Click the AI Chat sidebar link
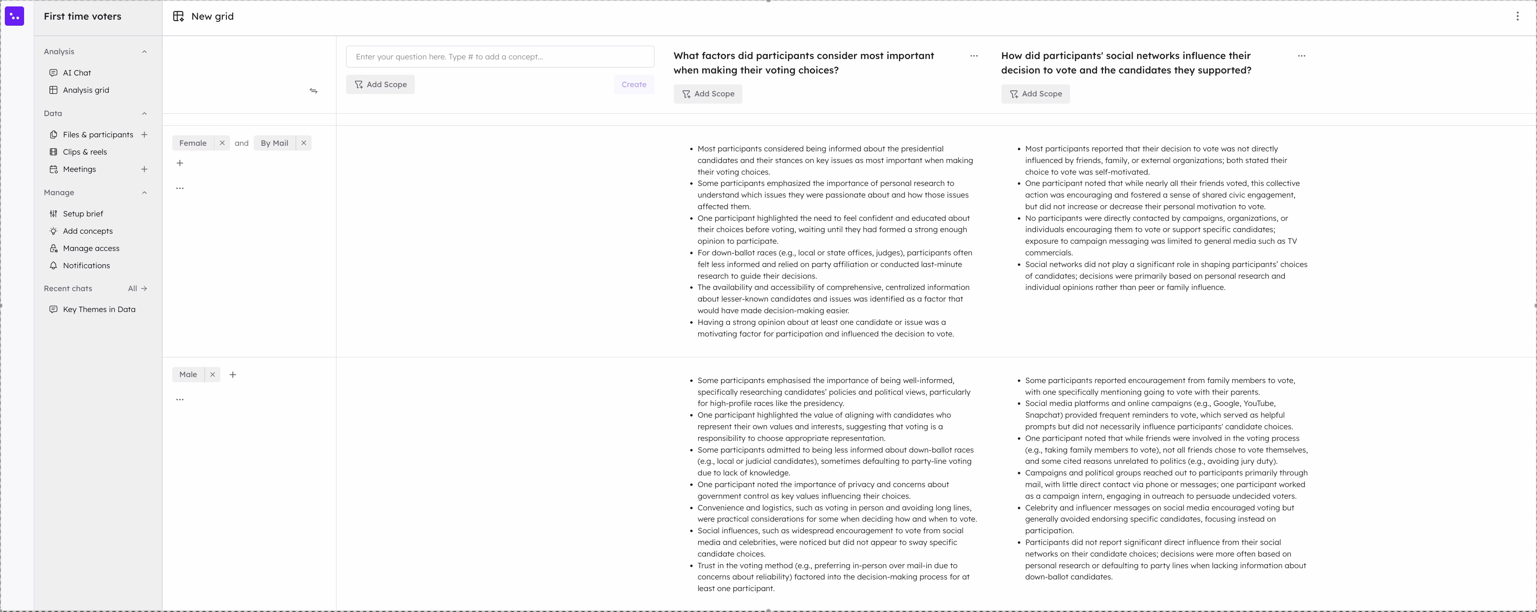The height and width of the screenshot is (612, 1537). point(77,73)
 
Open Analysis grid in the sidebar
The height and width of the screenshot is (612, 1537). point(86,90)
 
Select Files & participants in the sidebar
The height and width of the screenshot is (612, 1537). point(98,135)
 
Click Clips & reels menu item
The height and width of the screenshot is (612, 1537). point(85,152)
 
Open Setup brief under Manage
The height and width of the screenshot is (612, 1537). point(83,214)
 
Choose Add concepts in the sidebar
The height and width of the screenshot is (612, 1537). point(88,231)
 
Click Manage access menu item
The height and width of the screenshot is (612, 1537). point(91,248)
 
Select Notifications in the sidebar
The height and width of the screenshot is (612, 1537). point(86,265)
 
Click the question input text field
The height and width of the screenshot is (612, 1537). point(499,57)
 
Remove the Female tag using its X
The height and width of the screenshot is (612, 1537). point(222,143)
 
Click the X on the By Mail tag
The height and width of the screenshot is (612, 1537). point(304,143)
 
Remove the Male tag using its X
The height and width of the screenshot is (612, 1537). point(212,375)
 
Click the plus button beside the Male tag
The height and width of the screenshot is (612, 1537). point(233,375)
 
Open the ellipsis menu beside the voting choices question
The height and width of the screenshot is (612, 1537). point(974,56)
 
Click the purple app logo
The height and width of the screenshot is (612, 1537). point(14,16)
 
